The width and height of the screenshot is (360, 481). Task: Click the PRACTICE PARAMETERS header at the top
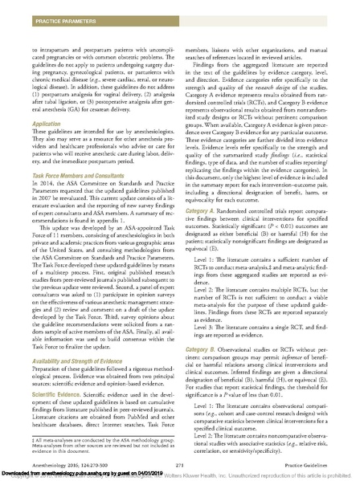tap(43, 9)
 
